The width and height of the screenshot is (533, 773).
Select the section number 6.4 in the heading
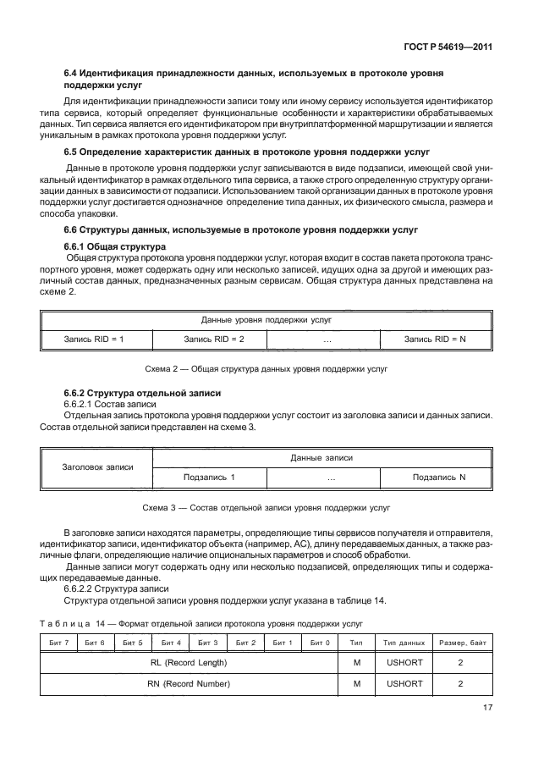tap(73, 75)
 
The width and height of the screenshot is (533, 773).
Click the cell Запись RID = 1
tap(95, 339)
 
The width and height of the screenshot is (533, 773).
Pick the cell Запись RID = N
tap(435, 339)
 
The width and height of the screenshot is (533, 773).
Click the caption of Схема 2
tap(266, 370)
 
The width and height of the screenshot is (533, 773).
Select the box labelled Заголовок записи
tap(98, 467)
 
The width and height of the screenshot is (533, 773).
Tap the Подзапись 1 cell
tap(208, 478)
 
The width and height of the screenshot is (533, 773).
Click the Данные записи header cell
tap(321, 457)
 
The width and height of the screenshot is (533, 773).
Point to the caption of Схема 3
tap(266, 509)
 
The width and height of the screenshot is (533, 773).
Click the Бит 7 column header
tap(59, 644)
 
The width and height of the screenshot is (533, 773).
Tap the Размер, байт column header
tap(460, 644)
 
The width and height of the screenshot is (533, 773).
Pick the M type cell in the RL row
tap(357, 664)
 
